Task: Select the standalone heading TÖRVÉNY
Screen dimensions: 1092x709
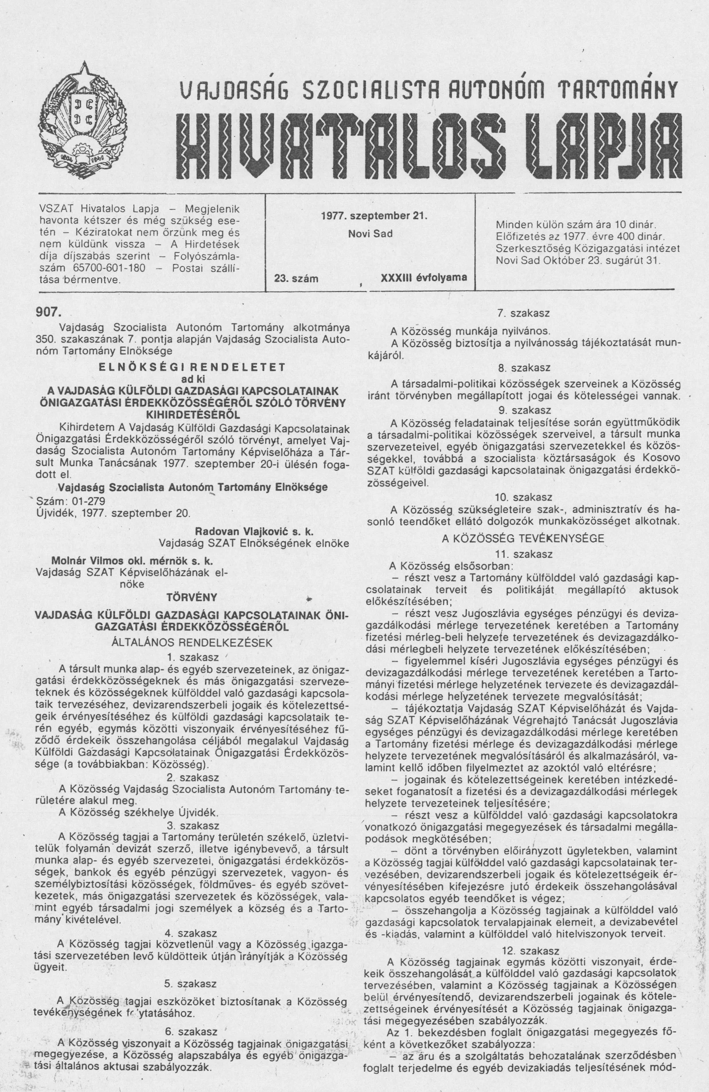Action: pyautogui.click(x=192, y=598)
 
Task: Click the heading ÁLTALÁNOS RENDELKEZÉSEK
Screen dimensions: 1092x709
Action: pyautogui.click(x=192, y=642)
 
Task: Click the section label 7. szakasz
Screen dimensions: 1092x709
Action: pyautogui.click(x=524, y=314)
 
